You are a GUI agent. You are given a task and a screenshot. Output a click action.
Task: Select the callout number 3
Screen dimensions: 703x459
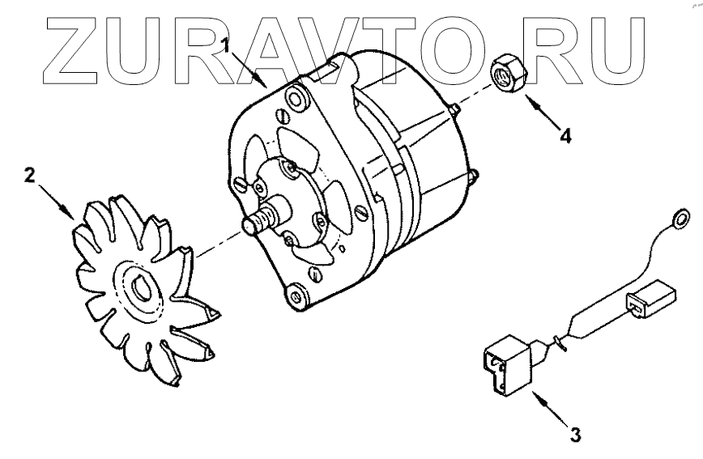(575, 436)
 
